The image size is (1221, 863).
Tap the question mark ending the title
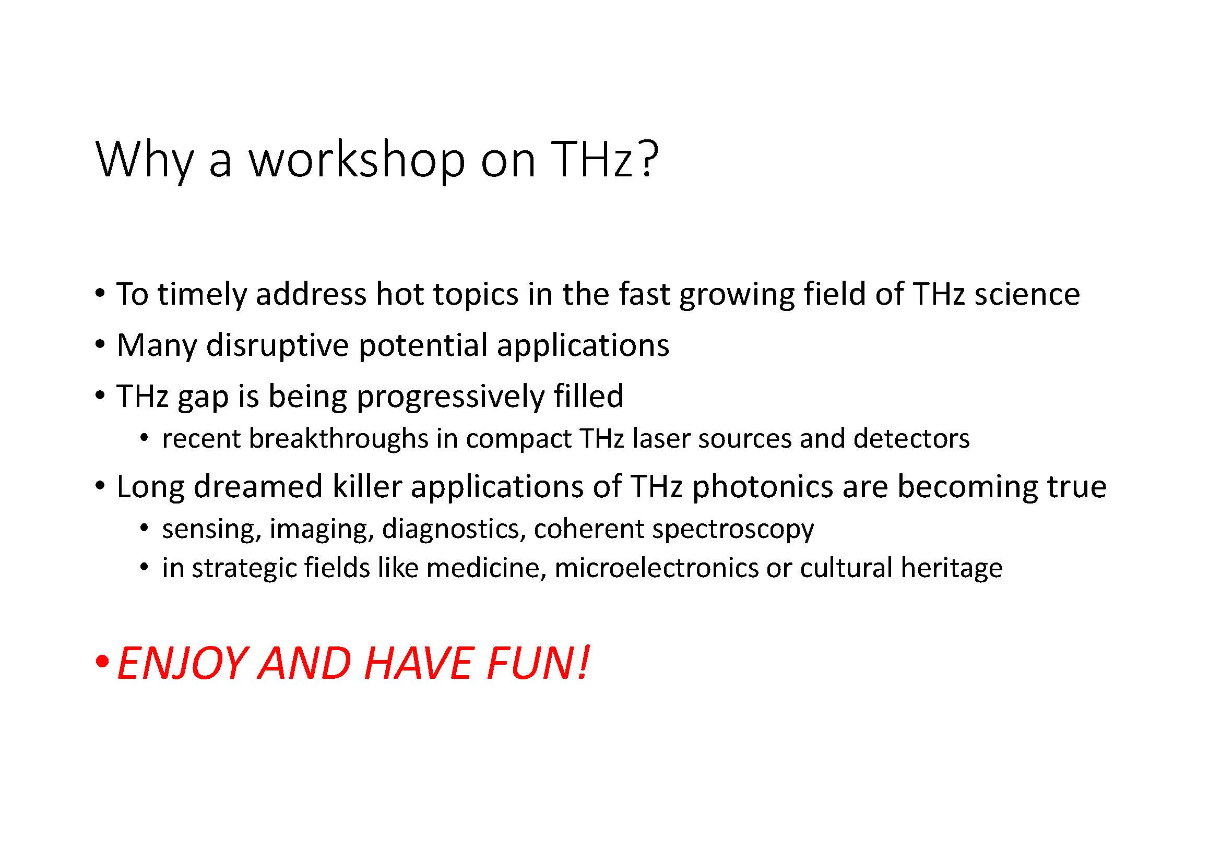click(x=648, y=159)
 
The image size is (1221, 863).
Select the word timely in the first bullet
click(x=202, y=295)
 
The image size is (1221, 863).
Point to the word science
click(x=1027, y=294)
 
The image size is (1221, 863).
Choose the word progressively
click(x=450, y=398)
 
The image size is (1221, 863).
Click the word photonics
click(x=762, y=488)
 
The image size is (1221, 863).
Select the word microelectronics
click(x=656, y=568)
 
